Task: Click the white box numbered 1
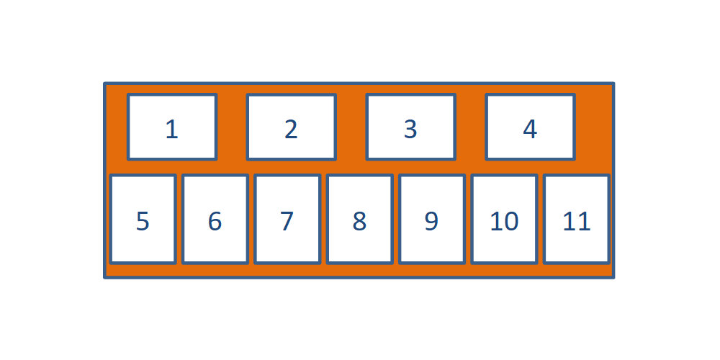(x=172, y=127)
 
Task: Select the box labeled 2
(x=292, y=127)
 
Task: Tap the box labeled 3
(x=411, y=127)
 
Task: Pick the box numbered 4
(x=531, y=127)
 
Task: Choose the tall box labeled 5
(x=143, y=220)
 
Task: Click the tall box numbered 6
(x=215, y=220)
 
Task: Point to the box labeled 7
(x=287, y=220)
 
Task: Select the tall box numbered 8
(x=359, y=220)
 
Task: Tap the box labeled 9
(x=432, y=220)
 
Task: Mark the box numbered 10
(x=504, y=220)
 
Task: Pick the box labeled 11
(x=577, y=220)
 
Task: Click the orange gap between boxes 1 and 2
(x=232, y=127)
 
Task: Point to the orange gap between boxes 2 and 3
(x=351, y=127)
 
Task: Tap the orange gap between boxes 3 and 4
(x=471, y=127)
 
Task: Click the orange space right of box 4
(x=593, y=127)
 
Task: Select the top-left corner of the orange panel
(x=104, y=84)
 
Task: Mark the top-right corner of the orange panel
(x=613, y=84)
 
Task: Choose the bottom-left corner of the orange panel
(x=104, y=277)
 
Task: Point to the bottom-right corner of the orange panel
(x=613, y=277)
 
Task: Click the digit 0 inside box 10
(x=511, y=221)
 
